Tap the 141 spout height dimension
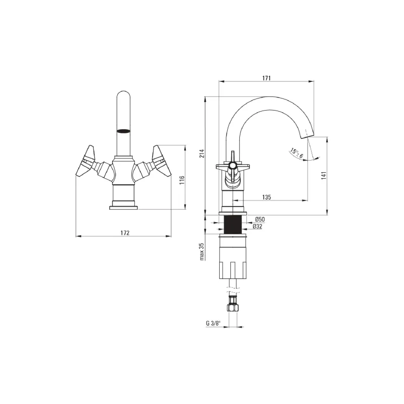tap(324, 175)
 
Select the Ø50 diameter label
tap(260, 219)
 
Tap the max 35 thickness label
tap(201, 251)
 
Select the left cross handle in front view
tap(86, 162)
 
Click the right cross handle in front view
tap(161, 162)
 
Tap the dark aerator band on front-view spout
tap(124, 131)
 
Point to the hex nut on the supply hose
tap(233, 306)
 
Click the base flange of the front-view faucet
tap(124, 205)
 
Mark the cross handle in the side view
tap(232, 166)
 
